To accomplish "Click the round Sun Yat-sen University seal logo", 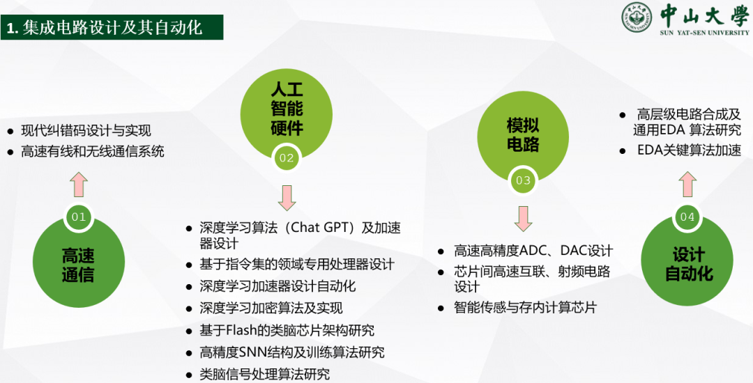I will pyautogui.click(x=637, y=18).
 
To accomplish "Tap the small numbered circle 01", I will pyautogui.click(x=78, y=217).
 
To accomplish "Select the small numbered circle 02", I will pyautogui.click(x=287, y=157).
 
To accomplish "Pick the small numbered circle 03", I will pyautogui.click(x=522, y=180).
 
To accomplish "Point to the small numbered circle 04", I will pyautogui.click(x=687, y=217).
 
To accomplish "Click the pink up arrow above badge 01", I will pyautogui.click(x=78, y=185).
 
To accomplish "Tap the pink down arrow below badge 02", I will pyautogui.click(x=287, y=198).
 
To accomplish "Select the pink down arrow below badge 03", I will pyautogui.click(x=523, y=219).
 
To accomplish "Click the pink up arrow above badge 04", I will pyautogui.click(x=687, y=185).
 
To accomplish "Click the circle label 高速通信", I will pyautogui.click(x=78, y=265).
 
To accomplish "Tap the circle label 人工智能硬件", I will pyautogui.click(x=287, y=109).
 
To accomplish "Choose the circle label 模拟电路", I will pyautogui.click(x=523, y=135).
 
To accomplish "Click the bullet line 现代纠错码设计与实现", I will pyautogui.click(x=86, y=130).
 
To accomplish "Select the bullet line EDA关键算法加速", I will pyautogui.click(x=689, y=150).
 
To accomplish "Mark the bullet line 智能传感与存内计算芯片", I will pyautogui.click(x=525, y=307).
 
